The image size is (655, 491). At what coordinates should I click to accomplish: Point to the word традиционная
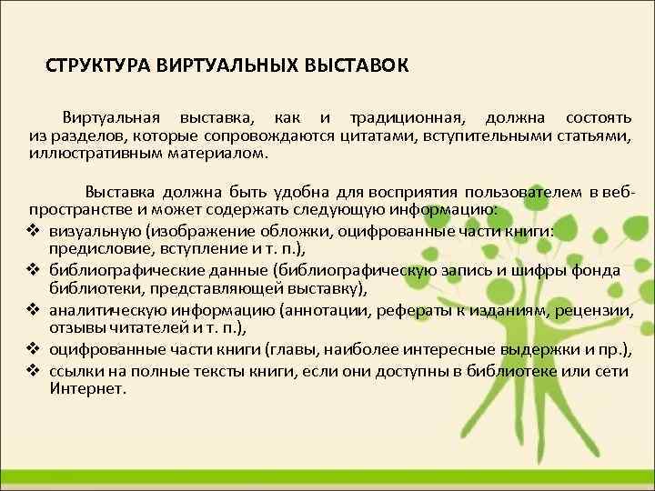point(401,119)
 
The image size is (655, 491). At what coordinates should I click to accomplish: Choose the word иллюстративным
point(95,154)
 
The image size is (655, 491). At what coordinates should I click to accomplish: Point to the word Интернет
point(87,387)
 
